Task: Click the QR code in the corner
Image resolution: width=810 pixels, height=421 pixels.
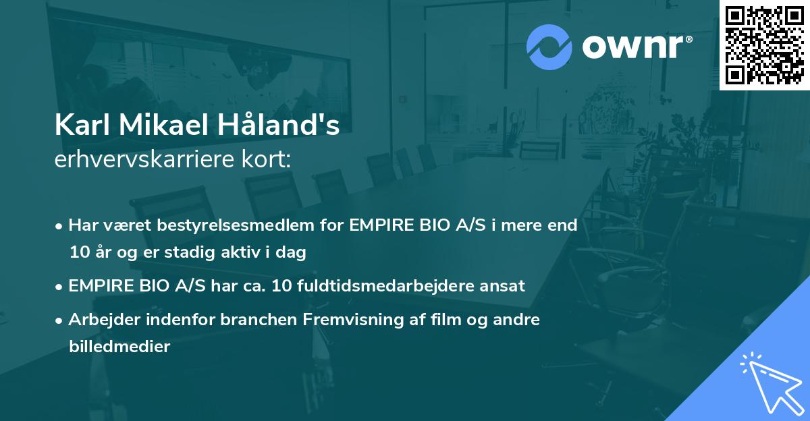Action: [764, 45]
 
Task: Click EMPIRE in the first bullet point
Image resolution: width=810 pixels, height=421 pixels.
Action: [380, 225]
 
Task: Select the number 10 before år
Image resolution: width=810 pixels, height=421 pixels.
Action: [78, 253]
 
